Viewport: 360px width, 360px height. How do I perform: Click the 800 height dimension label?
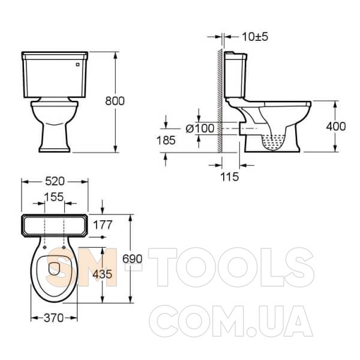pos(115,101)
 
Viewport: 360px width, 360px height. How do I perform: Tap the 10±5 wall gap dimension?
pos(255,37)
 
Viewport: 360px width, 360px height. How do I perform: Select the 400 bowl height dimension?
pos(336,126)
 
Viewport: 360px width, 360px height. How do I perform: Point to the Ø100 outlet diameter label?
pos(200,128)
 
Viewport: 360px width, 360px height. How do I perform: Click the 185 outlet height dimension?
pos(166,140)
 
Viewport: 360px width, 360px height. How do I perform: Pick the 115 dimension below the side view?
pos(230,177)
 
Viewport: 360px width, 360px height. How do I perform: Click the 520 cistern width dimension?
pos(55,181)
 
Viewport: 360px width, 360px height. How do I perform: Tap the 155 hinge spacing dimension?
pos(54,197)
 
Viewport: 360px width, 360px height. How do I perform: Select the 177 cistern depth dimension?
pos(103,225)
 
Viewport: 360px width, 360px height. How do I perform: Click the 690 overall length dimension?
pos(132,259)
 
